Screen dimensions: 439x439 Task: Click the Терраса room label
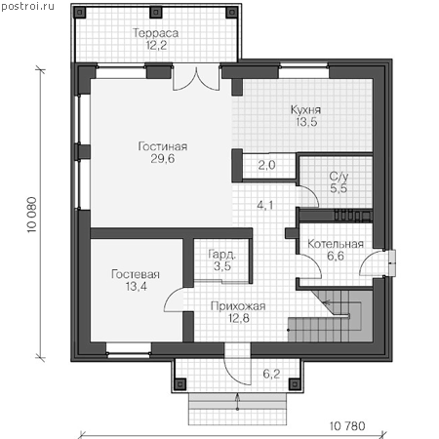point(155,33)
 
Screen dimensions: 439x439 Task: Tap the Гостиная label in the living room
point(163,146)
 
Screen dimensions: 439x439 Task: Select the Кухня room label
point(305,109)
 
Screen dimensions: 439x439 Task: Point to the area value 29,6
point(163,159)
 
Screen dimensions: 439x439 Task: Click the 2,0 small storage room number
point(266,165)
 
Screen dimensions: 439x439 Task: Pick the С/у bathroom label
point(339,177)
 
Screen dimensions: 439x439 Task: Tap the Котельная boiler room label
point(336,244)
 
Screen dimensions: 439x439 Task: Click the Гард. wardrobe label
point(222,255)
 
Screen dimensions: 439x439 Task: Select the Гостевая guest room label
point(136,274)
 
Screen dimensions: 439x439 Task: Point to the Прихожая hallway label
point(238,306)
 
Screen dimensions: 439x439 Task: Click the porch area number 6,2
point(271,374)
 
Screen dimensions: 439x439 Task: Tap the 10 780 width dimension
point(347,426)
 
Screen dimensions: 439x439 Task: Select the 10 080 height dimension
point(32,215)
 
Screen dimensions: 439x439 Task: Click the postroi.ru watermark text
point(27,6)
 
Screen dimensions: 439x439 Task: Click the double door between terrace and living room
point(196,78)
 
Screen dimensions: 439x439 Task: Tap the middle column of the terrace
point(156,13)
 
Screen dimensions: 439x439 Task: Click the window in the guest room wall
point(129,351)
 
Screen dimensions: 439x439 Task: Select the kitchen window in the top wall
point(303,72)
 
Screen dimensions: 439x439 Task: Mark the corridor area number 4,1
point(265,205)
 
